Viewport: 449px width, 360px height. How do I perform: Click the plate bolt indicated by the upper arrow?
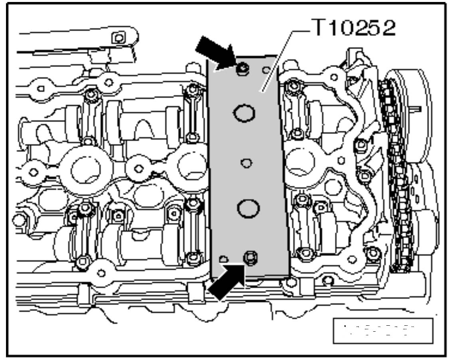pyautogui.click(x=242, y=69)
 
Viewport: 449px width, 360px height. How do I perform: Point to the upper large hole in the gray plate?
pyautogui.click(x=244, y=114)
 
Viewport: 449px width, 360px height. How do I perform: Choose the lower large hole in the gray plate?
pyautogui.click(x=248, y=208)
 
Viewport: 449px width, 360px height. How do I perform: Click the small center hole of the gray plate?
pyautogui.click(x=247, y=163)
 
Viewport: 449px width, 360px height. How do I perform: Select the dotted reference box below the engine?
pyautogui.click(x=382, y=330)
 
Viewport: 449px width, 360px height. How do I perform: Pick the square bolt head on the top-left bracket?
pyautogui.click(x=118, y=38)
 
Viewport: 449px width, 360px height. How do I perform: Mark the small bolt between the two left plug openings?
pyautogui.click(x=138, y=168)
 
